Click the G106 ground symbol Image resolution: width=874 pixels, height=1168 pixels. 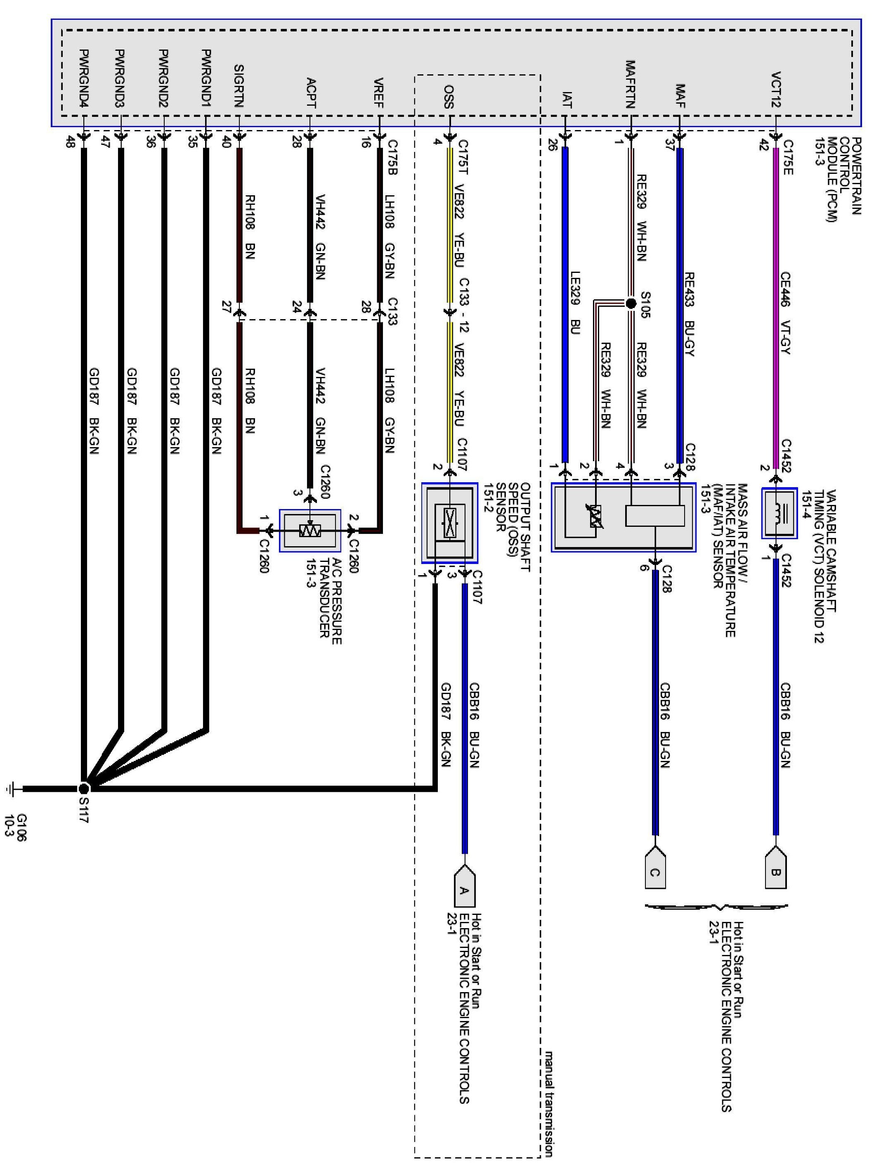[x=12, y=789]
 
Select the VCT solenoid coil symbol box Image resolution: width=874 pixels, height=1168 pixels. [x=779, y=513]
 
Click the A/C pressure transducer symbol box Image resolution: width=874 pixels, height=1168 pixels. [x=310, y=531]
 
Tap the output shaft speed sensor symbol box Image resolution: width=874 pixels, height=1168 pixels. [x=449, y=523]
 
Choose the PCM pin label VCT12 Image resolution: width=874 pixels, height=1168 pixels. [x=775, y=89]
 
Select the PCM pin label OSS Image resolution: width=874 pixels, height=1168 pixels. [x=449, y=96]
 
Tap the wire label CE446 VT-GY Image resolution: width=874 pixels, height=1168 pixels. [x=785, y=313]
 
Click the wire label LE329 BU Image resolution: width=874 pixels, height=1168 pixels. [x=575, y=302]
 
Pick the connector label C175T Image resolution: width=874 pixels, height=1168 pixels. [x=463, y=157]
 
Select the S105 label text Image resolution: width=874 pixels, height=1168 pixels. [x=645, y=305]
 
